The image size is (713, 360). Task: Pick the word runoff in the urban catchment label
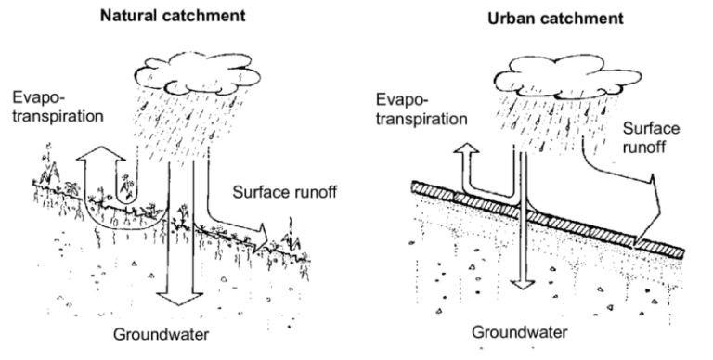649,148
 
